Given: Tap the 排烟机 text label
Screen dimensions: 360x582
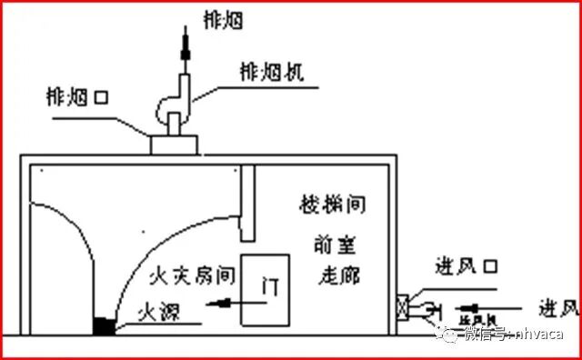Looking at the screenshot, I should tap(270, 73).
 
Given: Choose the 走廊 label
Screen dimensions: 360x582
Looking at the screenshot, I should tap(336, 273).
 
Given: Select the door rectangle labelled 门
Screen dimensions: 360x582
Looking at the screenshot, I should tap(266, 289).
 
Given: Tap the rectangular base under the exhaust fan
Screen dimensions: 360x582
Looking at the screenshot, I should tap(176, 144).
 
